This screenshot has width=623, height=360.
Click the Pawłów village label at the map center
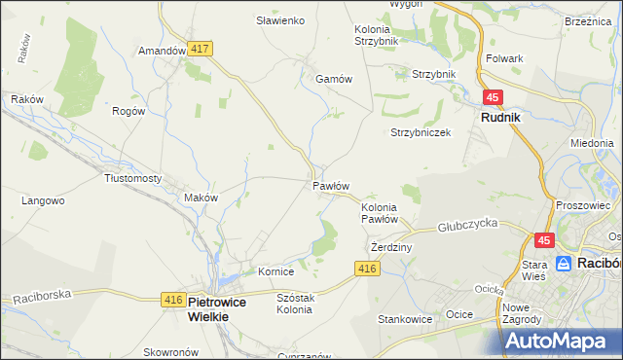coord(331,185)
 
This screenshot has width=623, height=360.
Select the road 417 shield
coord(202,48)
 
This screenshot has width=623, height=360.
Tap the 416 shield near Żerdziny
coord(366,269)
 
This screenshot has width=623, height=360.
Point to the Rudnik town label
coord(500,117)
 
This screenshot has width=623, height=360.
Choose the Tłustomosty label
coord(133,178)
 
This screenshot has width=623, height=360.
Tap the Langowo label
coord(43,200)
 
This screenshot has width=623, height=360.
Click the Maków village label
coord(201,197)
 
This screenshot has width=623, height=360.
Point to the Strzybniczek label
coord(421,132)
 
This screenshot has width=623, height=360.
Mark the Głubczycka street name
coord(467,223)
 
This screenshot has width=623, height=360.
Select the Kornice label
coord(275,271)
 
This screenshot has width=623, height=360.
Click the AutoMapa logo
coord(563,341)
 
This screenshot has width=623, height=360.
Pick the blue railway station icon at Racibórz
coord(564,263)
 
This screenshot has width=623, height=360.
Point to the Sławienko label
coord(280,20)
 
